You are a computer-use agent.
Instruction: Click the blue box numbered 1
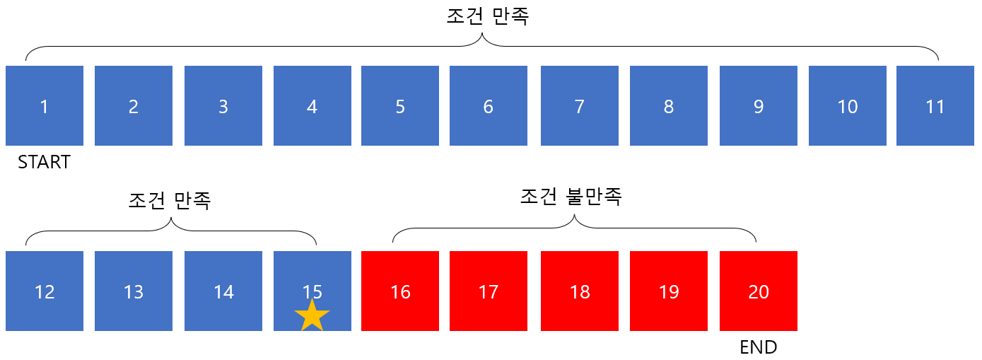tap(45, 106)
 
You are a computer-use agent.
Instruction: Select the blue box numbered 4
tap(312, 106)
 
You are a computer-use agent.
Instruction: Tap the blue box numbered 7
tap(579, 106)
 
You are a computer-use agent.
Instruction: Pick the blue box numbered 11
tap(935, 106)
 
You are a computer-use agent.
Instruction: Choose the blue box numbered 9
tap(758, 106)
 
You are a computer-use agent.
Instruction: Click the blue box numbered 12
tap(45, 291)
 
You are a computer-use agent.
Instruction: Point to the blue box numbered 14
tap(223, 291)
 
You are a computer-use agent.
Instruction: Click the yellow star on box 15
tap(312, 315)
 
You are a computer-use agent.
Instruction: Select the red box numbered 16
tap(400, 291)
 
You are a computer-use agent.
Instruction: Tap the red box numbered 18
tap(579, 291)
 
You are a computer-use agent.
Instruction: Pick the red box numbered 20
tap(758, 291)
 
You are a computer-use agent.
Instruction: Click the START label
tap(44, 163)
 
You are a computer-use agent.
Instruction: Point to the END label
tap(758, 347)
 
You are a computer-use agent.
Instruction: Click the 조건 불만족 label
tap(571, 196)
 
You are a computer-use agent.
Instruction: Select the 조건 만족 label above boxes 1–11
tap(488, 17)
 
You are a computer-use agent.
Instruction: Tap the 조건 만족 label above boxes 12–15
tap(170, 200)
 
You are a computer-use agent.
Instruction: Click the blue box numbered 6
tap(488, 106)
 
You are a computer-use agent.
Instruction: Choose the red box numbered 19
tap(668, 291)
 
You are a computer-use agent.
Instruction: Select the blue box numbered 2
tap(134, 106)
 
